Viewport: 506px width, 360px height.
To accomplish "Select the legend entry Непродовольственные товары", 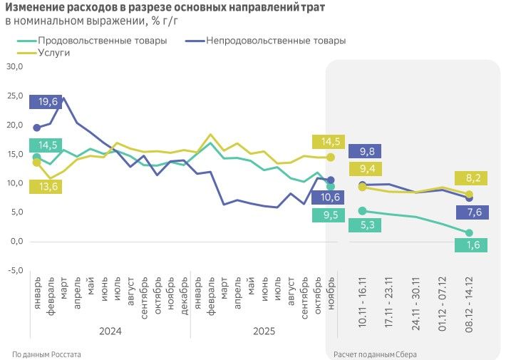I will coord(275,41).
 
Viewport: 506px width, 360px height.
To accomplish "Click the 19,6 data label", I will coord(48,102).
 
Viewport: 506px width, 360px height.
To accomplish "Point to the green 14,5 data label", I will coord(48,145).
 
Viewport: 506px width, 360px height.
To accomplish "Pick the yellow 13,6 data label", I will coord(48,187).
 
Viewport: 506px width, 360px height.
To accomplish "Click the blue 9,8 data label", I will coord(366,151).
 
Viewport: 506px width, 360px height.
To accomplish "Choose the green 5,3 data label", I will coord(366,225).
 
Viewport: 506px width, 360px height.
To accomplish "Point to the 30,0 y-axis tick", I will coord(15,66).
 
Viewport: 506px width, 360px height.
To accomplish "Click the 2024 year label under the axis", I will coord(110,331).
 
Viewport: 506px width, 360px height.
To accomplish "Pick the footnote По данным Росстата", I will coord(47,354).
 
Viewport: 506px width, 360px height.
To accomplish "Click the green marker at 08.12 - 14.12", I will coord(469,233).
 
